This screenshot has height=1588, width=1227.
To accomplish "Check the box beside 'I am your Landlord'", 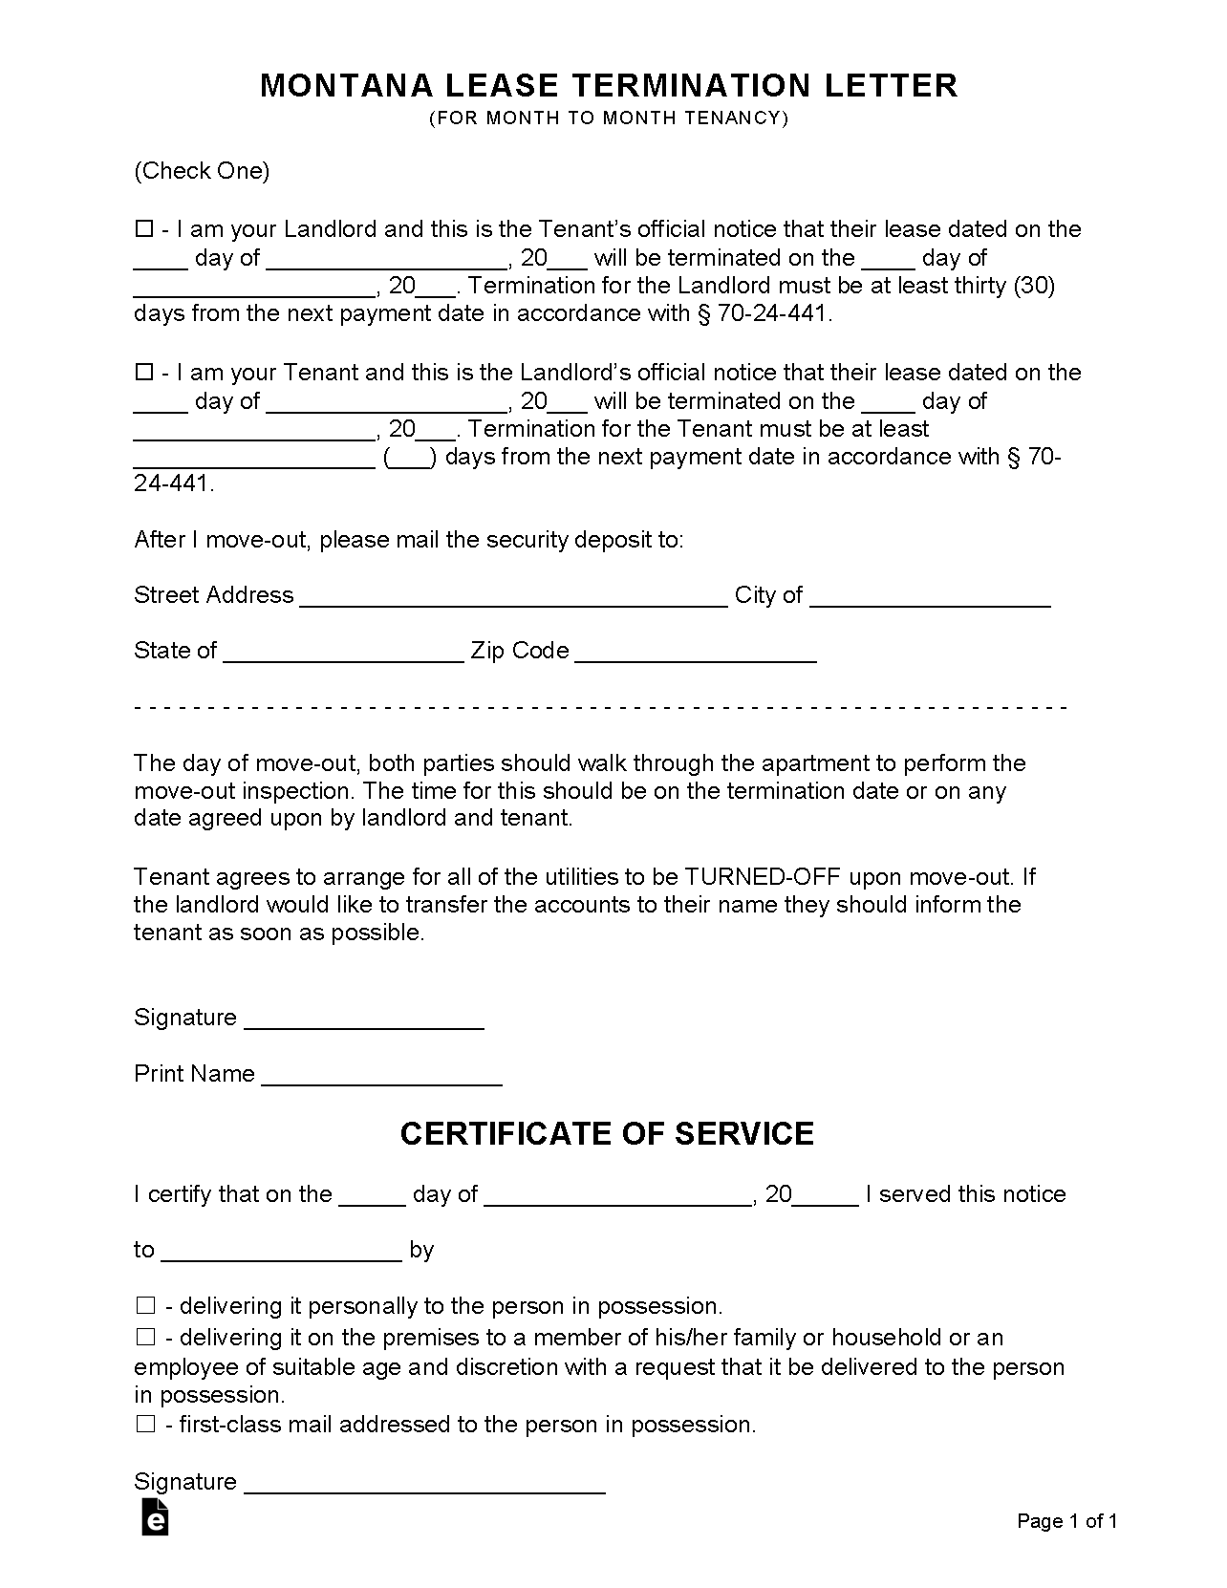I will (x=144, y=229).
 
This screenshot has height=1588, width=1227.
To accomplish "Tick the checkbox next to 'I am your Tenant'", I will (x=144, y=373).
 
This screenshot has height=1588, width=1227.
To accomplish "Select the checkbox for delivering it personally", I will (x=145, y=1305).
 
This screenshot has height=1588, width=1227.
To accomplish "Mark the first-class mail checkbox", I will (x=145, y=1424).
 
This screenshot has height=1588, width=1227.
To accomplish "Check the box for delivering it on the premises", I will (x=145, y=1337).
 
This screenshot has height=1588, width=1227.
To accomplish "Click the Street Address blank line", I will (x=513, y=596).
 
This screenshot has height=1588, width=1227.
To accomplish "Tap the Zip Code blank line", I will (x=696, y=652).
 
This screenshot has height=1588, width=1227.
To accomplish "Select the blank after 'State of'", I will (x=343, y=652).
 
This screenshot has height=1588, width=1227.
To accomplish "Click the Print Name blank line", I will (x=381, y=1075).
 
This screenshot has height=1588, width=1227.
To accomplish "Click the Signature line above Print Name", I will (x=364, y=1019).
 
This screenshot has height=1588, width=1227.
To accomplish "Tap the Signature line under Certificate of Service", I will (x=425, y=1483).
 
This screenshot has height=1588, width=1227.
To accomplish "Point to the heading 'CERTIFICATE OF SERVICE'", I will (x=607, y=1133).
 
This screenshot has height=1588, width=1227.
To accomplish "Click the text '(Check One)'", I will (x=202, y=171).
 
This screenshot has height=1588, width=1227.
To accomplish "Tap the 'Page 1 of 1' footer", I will (x=1066, y=1521).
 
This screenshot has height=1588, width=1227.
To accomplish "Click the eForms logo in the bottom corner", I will (x=155, y=1516).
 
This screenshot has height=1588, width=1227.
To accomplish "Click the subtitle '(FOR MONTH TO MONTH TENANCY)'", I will (x=609, y=118).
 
